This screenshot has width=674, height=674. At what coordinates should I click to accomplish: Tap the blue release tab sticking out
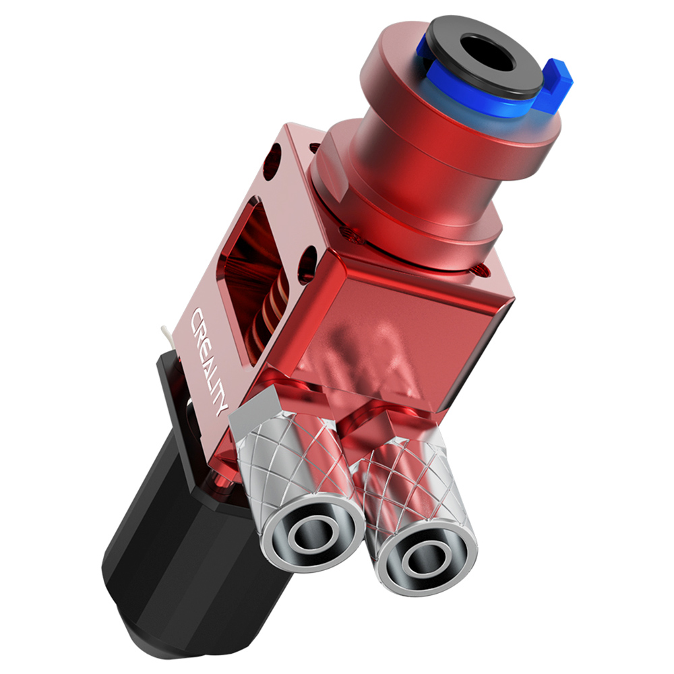coord(557,77)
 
